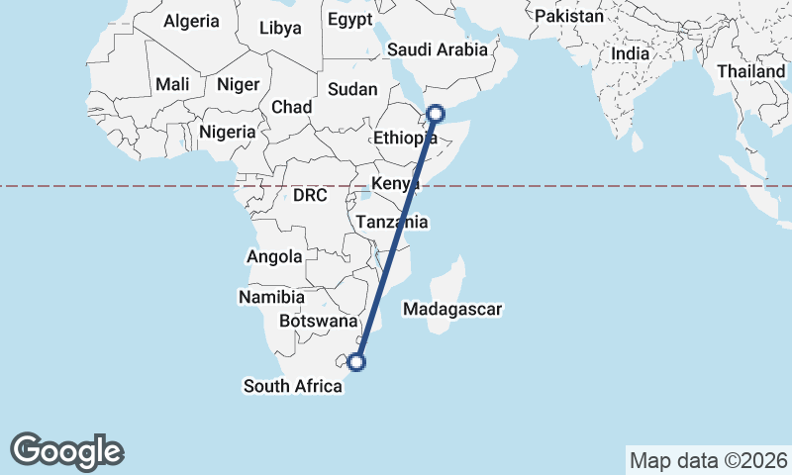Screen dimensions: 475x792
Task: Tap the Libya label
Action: tap(280, 28)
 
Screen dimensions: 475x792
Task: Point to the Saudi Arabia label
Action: tap(437, 48)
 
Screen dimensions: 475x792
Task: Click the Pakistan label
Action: tap(568, 16)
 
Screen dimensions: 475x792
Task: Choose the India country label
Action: tap(631, 53)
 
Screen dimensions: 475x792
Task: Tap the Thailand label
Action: tap(750, 71)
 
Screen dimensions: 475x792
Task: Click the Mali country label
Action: tap(172, 85)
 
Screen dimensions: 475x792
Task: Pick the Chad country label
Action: tap(291, 107)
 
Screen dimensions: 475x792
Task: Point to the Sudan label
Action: tap(352, 89)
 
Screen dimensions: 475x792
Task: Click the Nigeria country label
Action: tap(228, 132)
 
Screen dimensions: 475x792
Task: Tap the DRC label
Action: tap(310, 196)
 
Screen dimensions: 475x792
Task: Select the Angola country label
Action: tap(274, 256)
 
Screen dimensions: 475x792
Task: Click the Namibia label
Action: tap(271, 297)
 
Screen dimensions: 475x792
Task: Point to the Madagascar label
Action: tap(453, 310)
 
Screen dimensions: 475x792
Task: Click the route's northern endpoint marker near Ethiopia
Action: tap(436, 113)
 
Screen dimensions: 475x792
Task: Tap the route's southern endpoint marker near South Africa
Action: tap(357, 362)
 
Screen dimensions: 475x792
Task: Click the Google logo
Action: tap(66, 451)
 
